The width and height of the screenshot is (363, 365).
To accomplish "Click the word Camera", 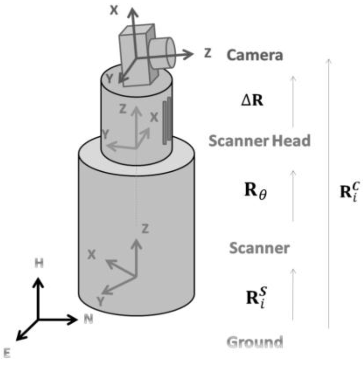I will (255, 55).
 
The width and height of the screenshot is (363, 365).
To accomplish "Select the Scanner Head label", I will (259, 141).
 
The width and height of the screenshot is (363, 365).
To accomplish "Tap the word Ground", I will (255, 342).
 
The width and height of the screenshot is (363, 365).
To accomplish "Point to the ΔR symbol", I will (252, 102).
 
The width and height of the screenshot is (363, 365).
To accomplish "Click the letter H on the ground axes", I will (39, 264).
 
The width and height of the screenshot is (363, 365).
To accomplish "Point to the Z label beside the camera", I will (207, 53).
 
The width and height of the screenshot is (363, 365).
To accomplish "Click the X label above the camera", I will (113, 10).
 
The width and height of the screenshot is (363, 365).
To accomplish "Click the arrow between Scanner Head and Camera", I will (293, 101).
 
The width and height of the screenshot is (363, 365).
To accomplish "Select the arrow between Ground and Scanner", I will (293, 299).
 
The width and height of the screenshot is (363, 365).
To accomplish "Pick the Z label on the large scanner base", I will (145, 229).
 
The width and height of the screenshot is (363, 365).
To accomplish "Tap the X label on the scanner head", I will (153, 117).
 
